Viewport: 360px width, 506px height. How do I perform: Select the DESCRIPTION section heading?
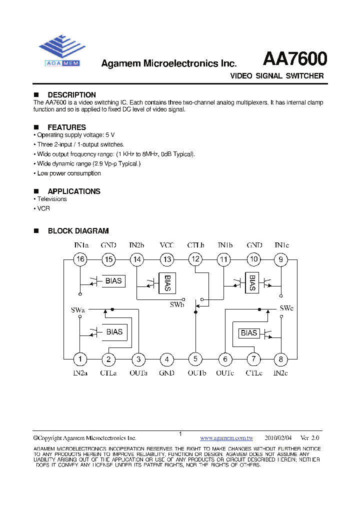[x=71, y=95]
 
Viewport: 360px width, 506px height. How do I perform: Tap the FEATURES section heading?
[x=66, y=127]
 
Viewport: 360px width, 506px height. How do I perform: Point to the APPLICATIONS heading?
[x=74, y=191]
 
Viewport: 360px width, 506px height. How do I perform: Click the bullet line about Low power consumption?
[x=69, y=173]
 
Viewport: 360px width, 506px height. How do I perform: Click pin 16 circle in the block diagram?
[x=80, y=259]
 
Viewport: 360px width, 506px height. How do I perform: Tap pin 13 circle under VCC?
[x=167, y=259]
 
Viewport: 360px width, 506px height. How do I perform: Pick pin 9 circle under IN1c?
[x=281, y=259]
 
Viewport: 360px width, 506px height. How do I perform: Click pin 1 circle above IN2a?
[x=79, y=358]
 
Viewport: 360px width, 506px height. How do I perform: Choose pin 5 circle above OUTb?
[x=195, y=358]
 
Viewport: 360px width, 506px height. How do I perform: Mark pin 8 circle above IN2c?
[x=281, y=358]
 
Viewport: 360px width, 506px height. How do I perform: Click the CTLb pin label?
[x=196, y=245]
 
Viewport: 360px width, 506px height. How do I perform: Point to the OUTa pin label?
[x=138, y=372]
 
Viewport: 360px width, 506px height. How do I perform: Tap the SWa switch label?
[x=78, y=310]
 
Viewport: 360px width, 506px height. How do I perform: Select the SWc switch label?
[x=286, y=308]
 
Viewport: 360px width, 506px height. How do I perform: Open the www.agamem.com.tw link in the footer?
[x=226, y=437]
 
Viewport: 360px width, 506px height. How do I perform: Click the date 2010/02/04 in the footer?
[x=278, y=437]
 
